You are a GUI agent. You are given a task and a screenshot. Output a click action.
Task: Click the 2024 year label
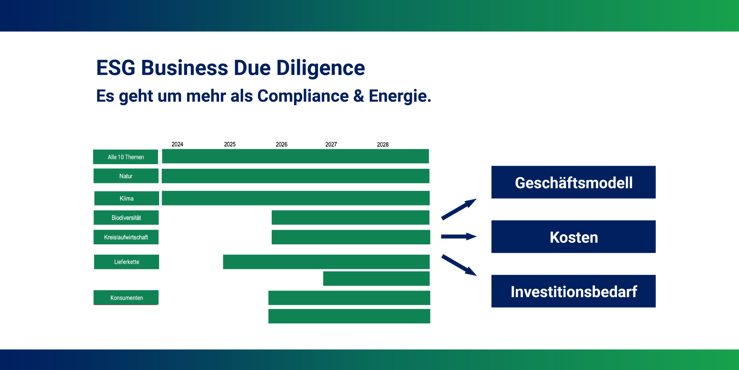(x=177, y=144)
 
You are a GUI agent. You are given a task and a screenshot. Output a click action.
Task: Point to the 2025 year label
(x=230, y=144)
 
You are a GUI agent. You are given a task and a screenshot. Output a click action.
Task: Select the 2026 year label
(x=281, y=144)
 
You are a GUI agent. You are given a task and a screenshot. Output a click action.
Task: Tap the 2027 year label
(x=331, y=144)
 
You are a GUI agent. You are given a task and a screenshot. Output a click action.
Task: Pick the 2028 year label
(x=383, y=145)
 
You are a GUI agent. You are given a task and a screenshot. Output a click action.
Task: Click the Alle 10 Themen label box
(x=125, y=157)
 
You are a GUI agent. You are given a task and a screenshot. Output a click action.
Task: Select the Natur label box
(x=126, y=176)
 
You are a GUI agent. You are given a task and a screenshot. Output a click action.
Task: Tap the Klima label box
(x=127, y=198)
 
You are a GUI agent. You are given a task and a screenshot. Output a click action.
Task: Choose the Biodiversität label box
(x=126, y=217)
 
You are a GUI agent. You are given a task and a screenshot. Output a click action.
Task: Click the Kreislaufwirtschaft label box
(x=126, y=237)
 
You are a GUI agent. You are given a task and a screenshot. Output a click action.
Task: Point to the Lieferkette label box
(x=126, y=262)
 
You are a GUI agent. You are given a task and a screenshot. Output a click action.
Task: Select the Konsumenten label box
(x=126, y=298)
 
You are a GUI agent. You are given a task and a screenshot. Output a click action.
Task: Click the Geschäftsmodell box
(x=573, y=182)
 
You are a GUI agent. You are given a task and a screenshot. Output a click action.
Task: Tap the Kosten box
(x=573, y=237)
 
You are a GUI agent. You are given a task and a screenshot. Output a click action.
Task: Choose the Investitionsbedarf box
(x=573, y=291)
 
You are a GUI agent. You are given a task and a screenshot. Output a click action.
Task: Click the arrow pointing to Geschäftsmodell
(x=459, y=209)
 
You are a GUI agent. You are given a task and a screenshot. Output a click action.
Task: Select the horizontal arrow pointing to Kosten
(x=459, y=237)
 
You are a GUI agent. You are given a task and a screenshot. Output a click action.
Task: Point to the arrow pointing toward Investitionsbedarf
(x=459, y=265)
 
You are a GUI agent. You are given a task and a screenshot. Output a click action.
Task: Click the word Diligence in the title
(x=321, y=68)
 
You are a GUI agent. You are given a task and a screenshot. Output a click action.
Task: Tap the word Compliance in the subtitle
(x=303, y=96)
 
